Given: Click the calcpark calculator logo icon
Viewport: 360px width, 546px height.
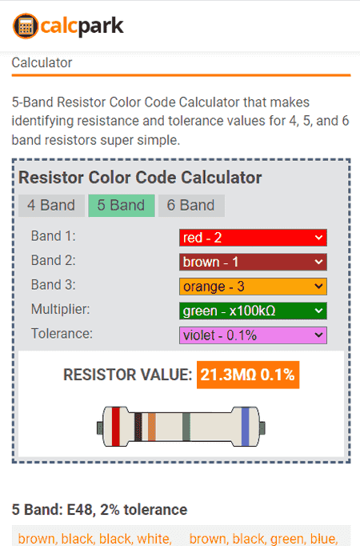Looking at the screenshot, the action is [26, 26].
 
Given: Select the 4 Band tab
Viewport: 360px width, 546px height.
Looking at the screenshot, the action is [51, 206].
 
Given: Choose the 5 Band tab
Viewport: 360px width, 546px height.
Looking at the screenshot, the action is [122, 206].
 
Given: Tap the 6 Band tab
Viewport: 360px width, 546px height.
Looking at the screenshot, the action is [191, 206].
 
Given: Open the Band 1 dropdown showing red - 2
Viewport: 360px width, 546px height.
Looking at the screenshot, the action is [253, 238].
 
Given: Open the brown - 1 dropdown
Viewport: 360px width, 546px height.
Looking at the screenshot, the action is [253, 263].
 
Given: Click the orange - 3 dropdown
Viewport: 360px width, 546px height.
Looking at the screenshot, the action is [253, 287].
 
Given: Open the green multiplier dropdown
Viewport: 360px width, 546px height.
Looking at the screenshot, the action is [253, 311].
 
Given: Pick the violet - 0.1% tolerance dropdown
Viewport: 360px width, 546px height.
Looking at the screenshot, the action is [253, 335].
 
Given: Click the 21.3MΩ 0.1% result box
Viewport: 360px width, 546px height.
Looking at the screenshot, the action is [248, 375].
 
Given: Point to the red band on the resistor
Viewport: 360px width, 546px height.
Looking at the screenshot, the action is [116, 427].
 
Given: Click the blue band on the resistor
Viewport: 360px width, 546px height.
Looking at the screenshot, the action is [246, 427].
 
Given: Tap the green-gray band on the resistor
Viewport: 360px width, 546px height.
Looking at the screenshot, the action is [186, 427].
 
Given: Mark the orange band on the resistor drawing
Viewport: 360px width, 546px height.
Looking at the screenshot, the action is [152, 427].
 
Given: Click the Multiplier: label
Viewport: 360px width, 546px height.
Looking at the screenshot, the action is [61, 309].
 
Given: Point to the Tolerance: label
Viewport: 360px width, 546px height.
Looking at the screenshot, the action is [62, 334].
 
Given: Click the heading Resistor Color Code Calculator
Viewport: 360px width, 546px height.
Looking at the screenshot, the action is [140, 178].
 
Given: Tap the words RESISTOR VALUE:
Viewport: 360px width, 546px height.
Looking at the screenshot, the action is [128, 375].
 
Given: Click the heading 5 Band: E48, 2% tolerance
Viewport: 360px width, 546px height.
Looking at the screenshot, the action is [99, 510].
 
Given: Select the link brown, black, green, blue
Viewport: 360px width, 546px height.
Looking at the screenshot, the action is [263, 539].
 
